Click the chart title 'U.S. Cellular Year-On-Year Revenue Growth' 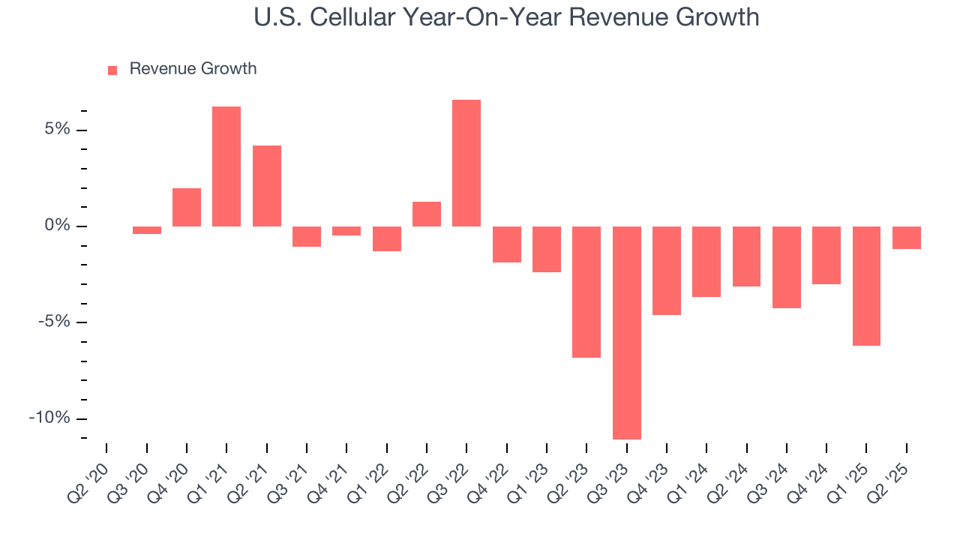506,16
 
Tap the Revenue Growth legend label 193,69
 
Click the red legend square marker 112,70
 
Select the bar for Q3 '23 626,332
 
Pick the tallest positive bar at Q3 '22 466,163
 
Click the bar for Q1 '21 226,166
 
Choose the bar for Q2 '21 266,186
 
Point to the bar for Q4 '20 187,207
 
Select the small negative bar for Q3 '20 147,230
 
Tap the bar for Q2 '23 586,292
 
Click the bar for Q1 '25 866,286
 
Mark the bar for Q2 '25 906,238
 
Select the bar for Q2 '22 427,214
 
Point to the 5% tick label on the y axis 56,130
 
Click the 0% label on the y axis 56,226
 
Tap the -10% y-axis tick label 49,418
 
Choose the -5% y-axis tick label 53,322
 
